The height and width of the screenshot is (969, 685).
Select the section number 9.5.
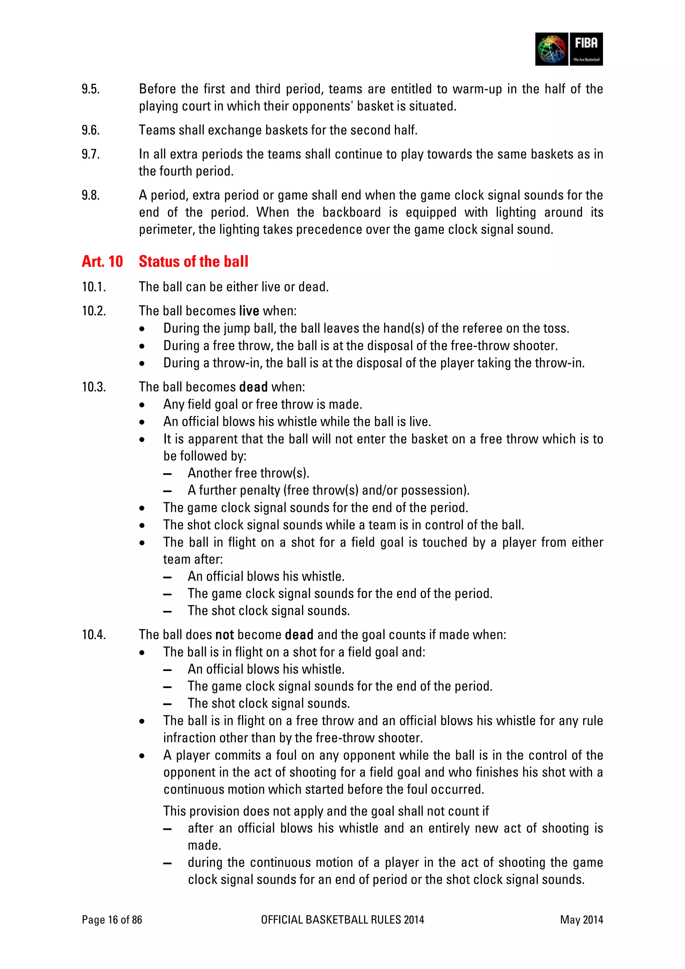(91, 89)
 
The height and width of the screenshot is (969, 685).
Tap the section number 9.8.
(91, 195)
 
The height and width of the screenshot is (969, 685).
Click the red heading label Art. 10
(102, 262)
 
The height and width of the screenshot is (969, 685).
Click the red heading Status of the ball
(193, 262)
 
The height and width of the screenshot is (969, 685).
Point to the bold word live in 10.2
(249, 311)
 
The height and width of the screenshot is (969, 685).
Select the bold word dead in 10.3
(253, 387)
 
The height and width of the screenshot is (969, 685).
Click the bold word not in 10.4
(224, 635)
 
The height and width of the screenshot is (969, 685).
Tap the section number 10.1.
(94, 287)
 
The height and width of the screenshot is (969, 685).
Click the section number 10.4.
(94, 635)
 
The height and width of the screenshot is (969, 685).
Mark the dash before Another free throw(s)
(167, 474)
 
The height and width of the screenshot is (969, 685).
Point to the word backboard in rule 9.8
(351, 212)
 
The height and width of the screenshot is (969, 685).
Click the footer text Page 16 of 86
(112, 919)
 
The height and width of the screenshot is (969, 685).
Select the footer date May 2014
(581, 919)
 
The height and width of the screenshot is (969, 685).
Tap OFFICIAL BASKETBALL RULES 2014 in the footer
(342, 919)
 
